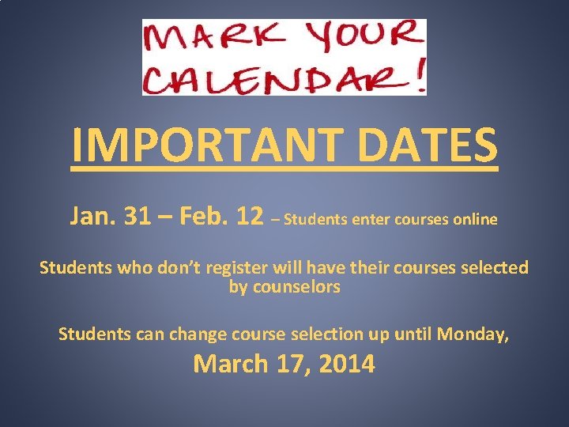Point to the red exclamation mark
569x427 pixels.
tap(419, 74)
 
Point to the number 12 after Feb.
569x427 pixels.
tap(247, 216)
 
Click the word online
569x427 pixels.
tap(475, 219)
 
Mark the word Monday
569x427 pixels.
tap(473, 334)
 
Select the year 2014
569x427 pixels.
tap(345, 365)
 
